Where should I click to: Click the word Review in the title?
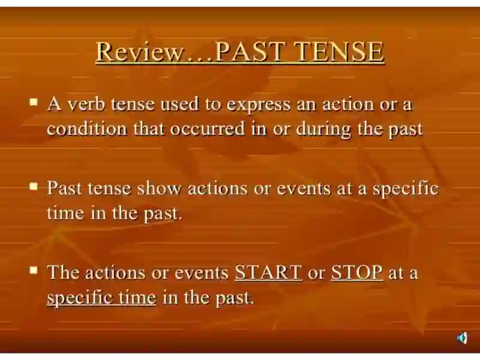(x=139, y=52)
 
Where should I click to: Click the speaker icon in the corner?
(x=462, y=338)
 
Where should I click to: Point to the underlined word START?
(x=268, y=272)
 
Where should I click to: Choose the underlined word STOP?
(x=356, y=272)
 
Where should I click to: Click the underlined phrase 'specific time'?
(x=101, y=298)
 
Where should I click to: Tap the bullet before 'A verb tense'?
(x=34, y=101)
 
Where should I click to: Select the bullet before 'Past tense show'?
(x=34, y=186)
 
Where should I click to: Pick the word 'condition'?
(x=87, y=128)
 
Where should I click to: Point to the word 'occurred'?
(x=207, y=128)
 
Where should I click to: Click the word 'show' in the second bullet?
(x=159, y=188)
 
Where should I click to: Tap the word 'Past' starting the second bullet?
(x=64, y=188)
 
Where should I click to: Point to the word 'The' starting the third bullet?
(x=64, y=272)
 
